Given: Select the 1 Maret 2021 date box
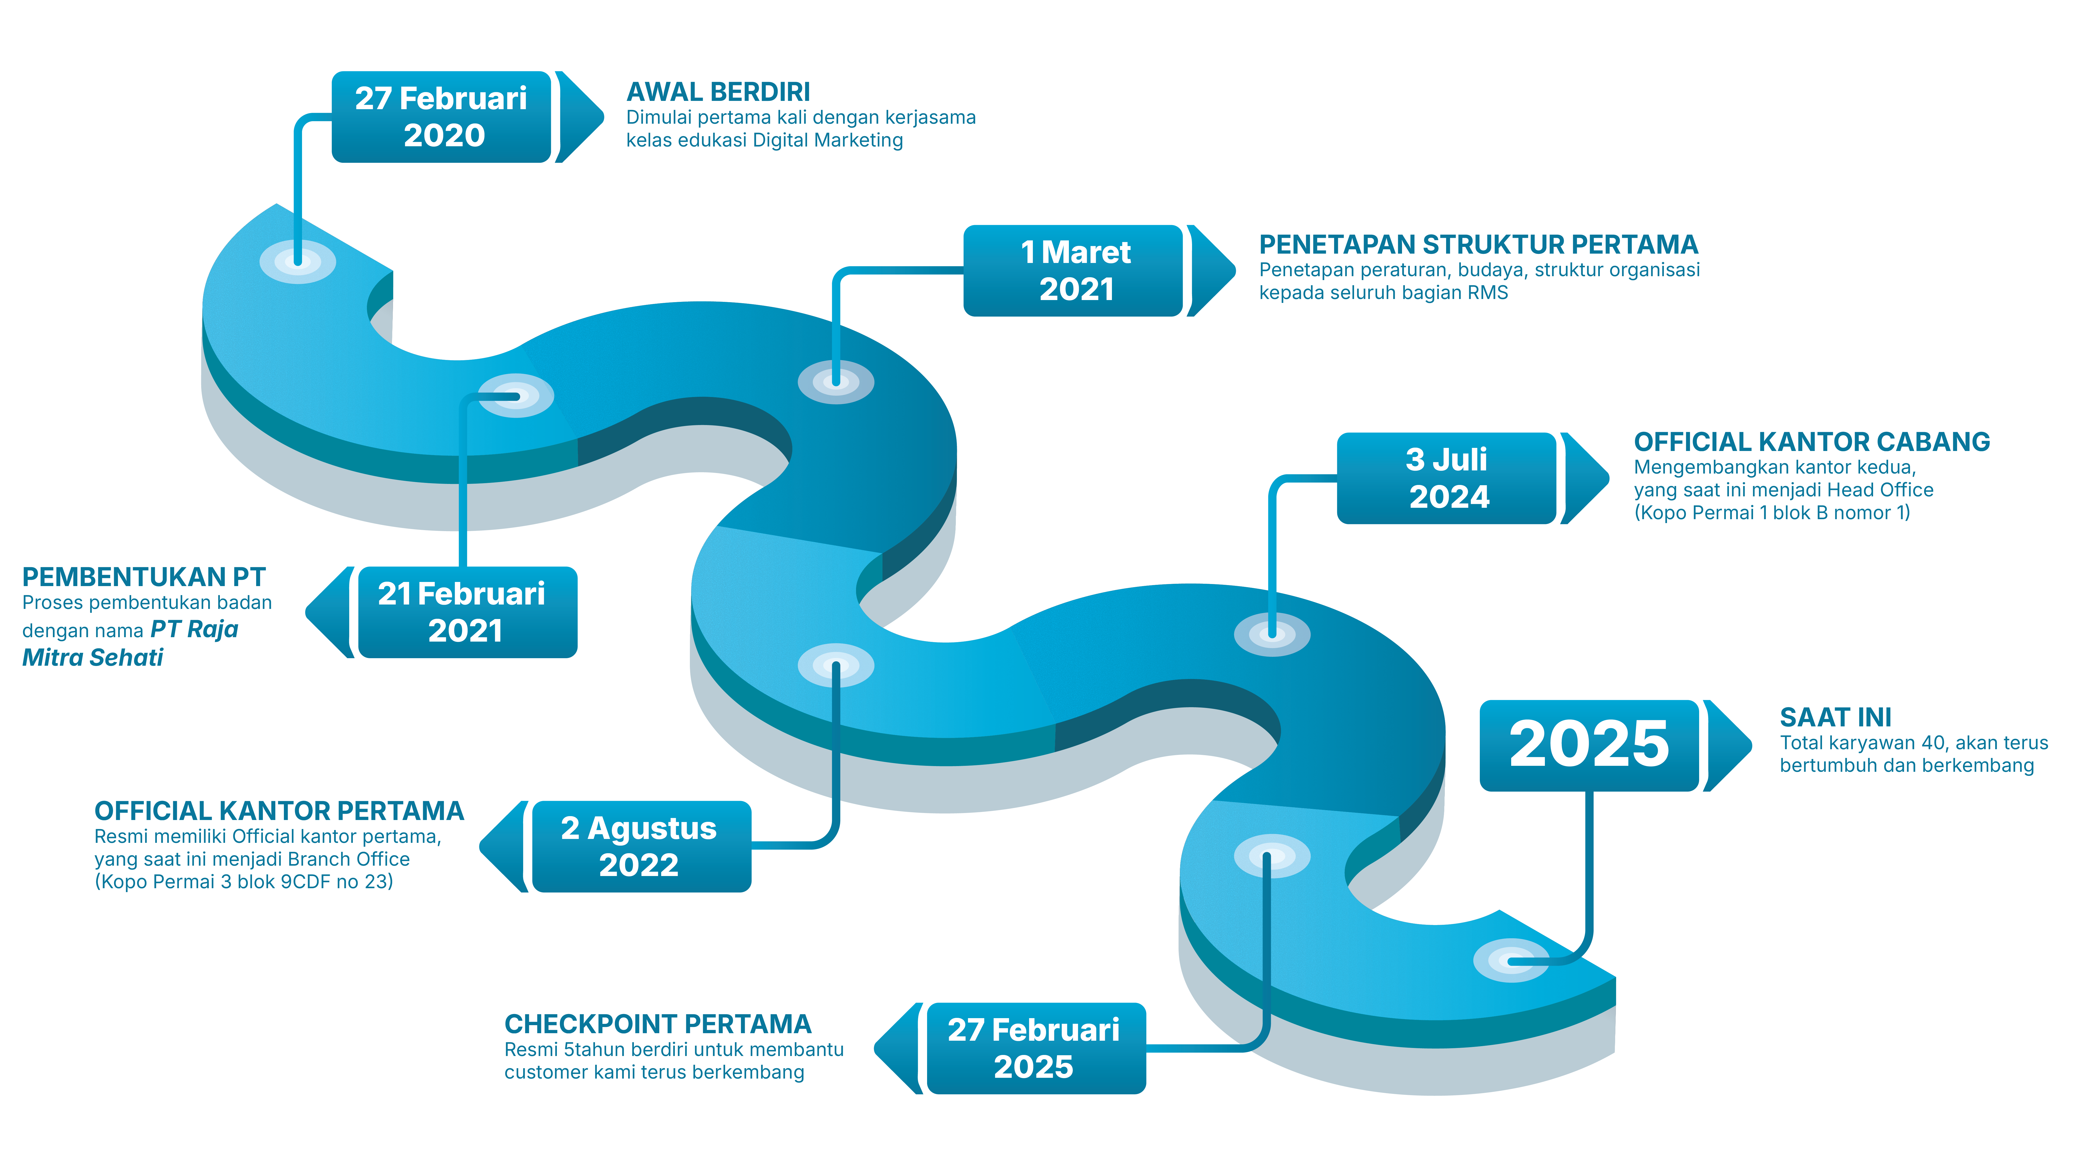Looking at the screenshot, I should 1073,270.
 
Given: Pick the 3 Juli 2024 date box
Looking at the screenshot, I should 1446,478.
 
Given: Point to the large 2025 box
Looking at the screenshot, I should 1588,745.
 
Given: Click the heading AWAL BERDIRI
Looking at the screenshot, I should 718,92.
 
